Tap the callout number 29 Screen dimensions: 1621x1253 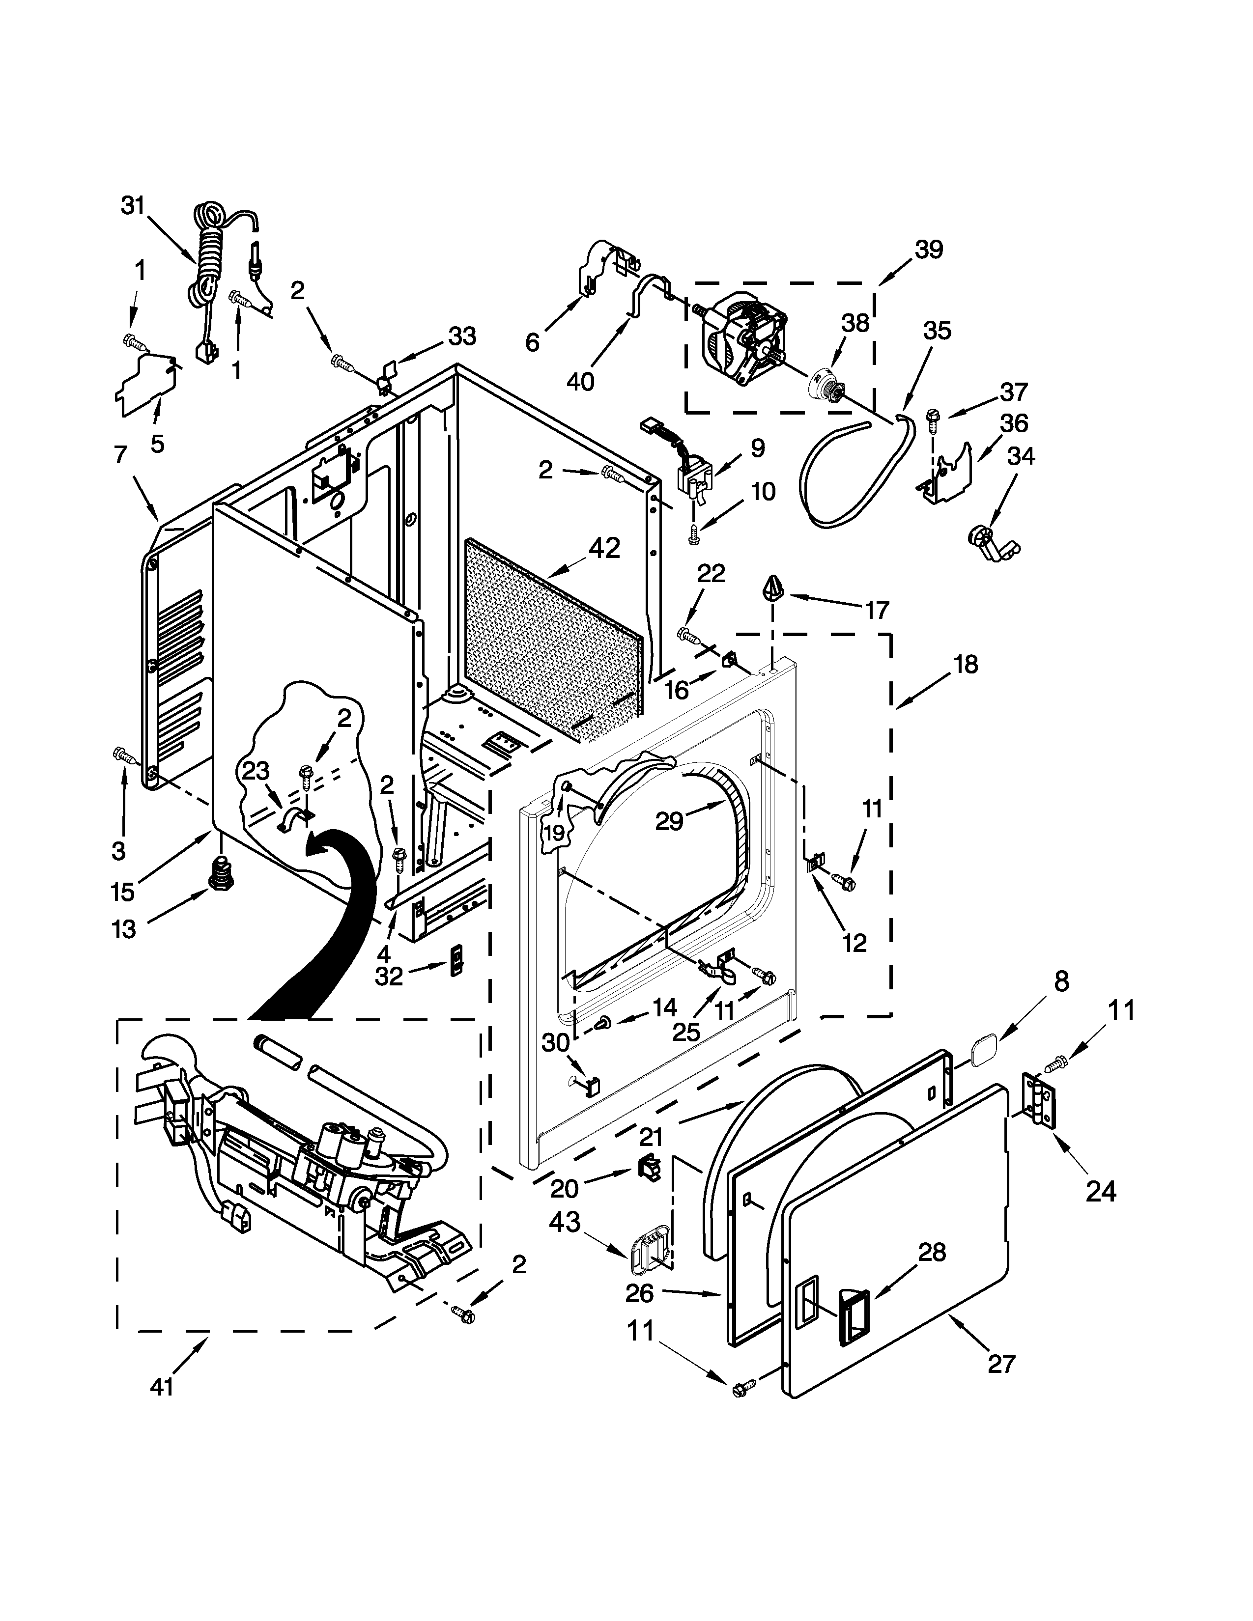pos(668,821)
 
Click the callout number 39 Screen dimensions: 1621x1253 pos(928,250)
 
